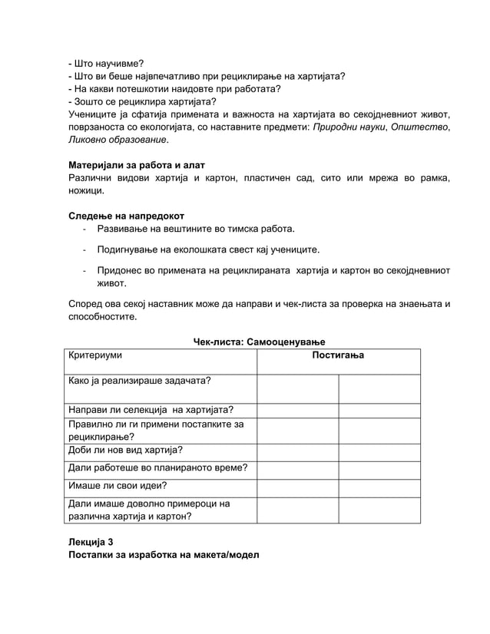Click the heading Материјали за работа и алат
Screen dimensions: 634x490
click(137, 165)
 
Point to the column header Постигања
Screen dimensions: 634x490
click(338, 356)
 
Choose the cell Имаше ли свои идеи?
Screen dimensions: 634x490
click(118, 485)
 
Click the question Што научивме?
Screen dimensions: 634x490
click(105, 63)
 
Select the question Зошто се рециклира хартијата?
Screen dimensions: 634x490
click(142, 101)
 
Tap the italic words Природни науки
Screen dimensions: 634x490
click(349, 127)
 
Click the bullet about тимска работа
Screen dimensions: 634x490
click(195, 229)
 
